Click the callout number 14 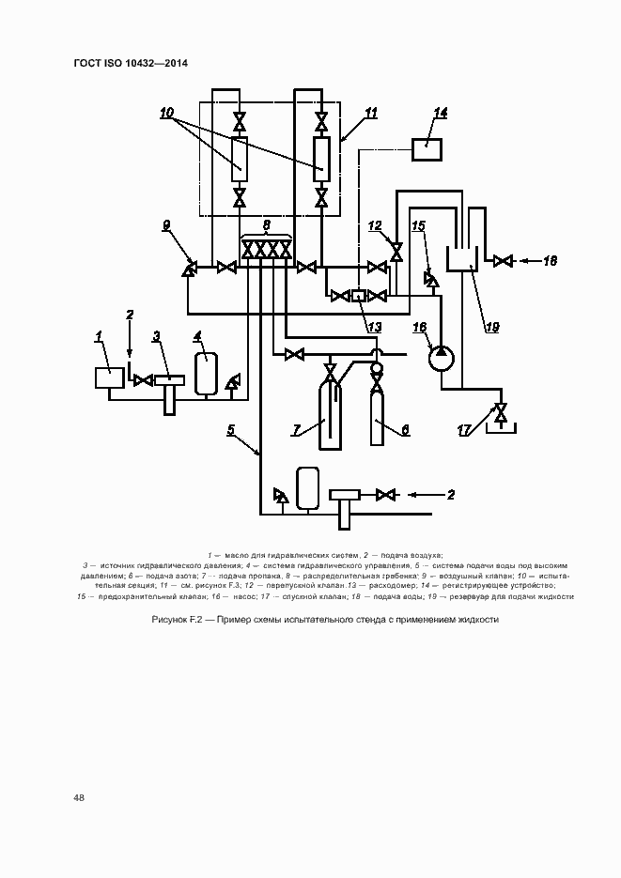(440, 113)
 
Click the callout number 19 (490, 328)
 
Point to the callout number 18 (551, 261)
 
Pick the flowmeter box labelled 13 (358, 296)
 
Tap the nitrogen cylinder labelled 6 (378, 418)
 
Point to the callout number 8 (267, 225)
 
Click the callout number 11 (370, 114)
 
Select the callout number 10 (166, 114)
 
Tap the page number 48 (79, 798)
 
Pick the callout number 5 (230, 431)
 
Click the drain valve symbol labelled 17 (500, 412)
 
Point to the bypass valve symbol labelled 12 (396, 252)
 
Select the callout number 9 (166, 225)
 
